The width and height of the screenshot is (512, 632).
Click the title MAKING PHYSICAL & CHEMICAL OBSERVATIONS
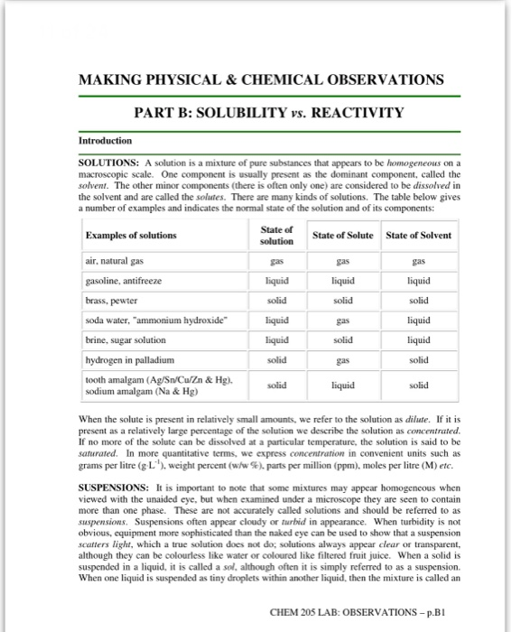(262, 79)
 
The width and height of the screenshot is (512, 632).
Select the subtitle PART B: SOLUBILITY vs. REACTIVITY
(268, 113)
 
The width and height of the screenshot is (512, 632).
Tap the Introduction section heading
(105, 141)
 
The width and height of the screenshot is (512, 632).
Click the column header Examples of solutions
(131, 236)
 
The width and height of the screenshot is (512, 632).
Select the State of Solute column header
(342, 236)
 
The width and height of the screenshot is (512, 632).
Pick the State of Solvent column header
(418, 236)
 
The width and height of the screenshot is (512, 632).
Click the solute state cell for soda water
(342, 320)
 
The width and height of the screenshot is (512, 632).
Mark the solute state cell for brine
(342, 339)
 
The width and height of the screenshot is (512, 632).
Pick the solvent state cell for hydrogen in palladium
(418, 359)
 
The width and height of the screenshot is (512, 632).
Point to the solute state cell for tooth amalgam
(342, 386)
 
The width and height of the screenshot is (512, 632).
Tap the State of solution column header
(276, 236)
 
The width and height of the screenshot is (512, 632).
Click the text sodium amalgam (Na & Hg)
(136, 393)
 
